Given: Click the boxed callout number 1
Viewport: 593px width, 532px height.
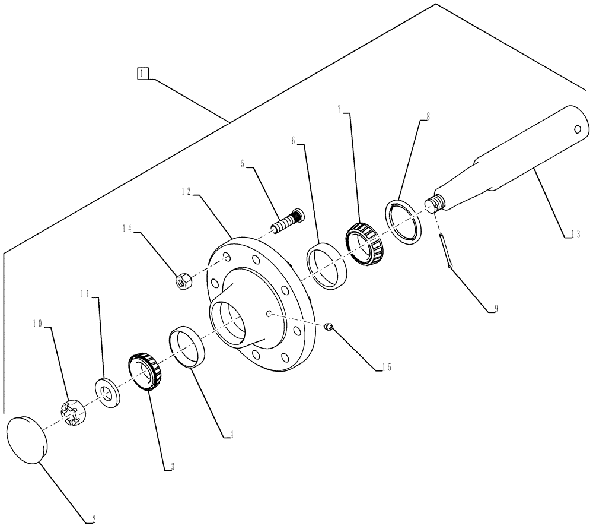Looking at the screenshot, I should coord(143,74).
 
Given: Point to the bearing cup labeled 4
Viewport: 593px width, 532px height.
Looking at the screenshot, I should coord(188,347).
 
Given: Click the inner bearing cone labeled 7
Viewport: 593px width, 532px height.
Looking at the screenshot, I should coord(366,242).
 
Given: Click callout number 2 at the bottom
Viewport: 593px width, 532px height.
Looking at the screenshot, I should coord(93,520).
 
